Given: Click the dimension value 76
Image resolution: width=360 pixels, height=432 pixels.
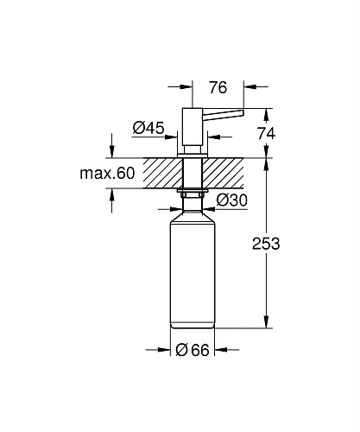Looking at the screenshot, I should click(219, 86).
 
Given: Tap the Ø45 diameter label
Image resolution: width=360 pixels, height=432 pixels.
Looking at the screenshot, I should click(148, 128).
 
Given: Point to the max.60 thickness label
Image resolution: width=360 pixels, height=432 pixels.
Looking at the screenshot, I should click(108, 174).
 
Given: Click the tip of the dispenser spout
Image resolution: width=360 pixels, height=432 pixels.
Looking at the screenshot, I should click(243, 110).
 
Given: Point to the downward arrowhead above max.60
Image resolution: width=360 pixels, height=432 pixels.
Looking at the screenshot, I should click(113, 152).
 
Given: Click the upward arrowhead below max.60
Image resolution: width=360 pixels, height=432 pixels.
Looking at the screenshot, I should click(113, 194).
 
